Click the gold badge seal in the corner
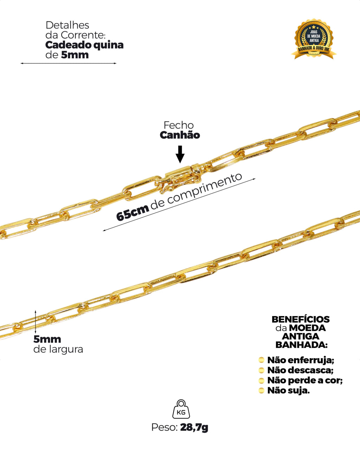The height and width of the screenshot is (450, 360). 314,39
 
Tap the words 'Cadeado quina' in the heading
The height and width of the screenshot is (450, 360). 84,45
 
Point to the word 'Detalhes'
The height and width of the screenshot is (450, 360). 67,25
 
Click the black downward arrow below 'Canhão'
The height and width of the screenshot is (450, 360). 180,154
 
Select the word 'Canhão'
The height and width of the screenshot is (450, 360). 180,135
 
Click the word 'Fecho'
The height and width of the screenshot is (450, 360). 179,125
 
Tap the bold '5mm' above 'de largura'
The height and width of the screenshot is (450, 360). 47,339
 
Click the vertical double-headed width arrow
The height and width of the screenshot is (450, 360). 36,322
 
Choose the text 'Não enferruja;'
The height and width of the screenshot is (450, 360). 301,360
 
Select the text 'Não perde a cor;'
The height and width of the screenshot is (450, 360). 305,380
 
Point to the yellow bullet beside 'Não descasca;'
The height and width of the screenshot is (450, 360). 261,370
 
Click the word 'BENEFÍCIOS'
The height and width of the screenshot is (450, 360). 301,319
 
